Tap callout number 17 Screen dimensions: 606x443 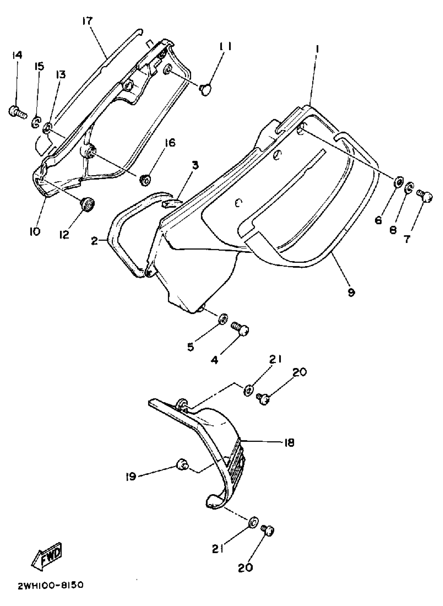(87, 21)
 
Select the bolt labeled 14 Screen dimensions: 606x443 (18, 112)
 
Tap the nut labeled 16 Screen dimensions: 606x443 (145, 179)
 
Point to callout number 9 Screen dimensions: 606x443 (351, 292)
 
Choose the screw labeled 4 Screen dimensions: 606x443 (240, 329)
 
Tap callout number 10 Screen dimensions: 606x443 (35, 231)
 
